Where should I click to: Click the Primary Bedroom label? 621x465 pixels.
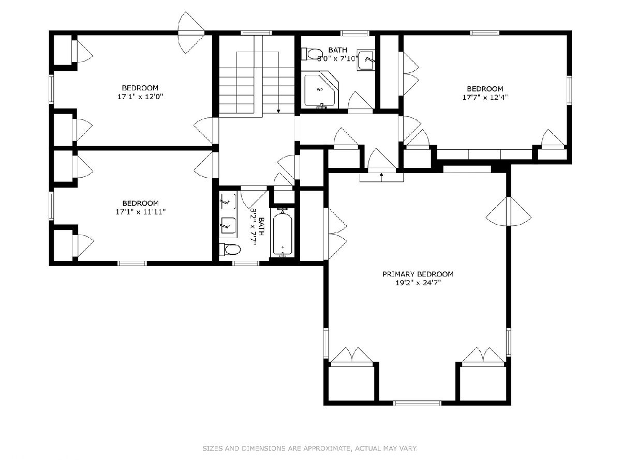coord(418,274)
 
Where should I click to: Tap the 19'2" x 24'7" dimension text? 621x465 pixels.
coord(418,283)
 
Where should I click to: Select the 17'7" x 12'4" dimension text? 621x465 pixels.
coord(485,98)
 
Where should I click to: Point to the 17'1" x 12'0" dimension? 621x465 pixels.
coord(140,97)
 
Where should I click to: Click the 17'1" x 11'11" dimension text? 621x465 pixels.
coord(141,212)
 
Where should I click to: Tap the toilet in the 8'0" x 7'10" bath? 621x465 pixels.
coord(313,54)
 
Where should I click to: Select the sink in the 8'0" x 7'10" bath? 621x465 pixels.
coord(366,60)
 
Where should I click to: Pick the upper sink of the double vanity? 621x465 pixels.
coord(228,202)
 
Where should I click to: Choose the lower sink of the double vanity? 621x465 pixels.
coord(228,225)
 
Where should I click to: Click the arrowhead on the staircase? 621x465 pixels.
coord(278,111)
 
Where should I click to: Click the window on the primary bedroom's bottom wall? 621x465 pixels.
coord(418,403)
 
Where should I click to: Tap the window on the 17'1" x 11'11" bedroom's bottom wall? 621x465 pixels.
coord(132,263)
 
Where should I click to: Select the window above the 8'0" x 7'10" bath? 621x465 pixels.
coord(355,33)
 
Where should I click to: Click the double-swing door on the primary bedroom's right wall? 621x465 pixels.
coord(509,211)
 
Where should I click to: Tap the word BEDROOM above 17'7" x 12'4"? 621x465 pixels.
coord(485,89)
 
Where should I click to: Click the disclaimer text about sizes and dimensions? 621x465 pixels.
coord(310,448)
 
